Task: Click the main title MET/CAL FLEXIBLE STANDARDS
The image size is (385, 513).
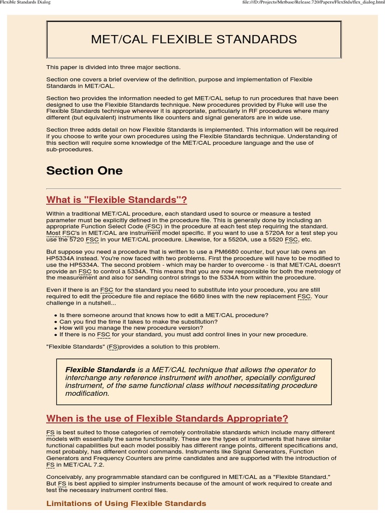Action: [x=194, y=39]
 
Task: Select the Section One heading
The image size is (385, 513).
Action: [x=84, y=170]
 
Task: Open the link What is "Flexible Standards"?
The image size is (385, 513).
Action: [x=116, y=200]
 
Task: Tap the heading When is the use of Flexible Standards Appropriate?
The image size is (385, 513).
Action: [x=167, y=418]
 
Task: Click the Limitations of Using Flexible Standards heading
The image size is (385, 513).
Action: [x=126, y=503]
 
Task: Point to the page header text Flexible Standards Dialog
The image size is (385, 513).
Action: [x=26, y=3]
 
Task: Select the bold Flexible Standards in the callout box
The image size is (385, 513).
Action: [x=100, y=370]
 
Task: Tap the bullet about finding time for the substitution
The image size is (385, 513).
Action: [x=138, y=322]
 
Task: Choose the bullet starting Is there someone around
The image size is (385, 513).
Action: [x=164, y=315]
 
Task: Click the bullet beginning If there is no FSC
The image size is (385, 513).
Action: [x=183, y=335]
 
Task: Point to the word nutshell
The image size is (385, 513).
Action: [x=99, y=303]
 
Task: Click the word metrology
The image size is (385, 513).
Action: [x=314, y=271]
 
